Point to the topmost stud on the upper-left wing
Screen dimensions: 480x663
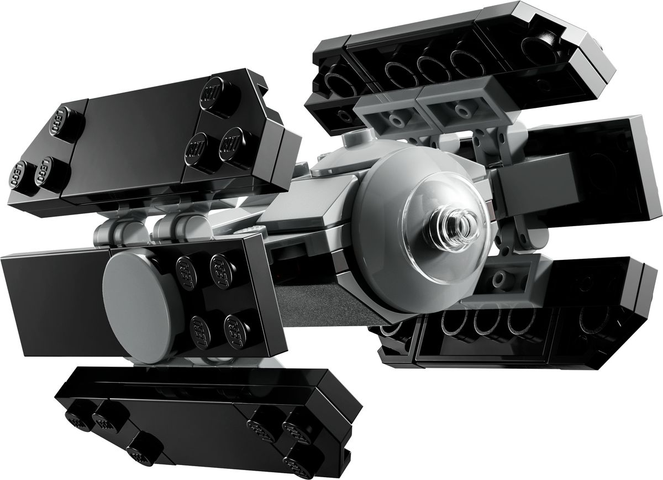pos(210,93)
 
